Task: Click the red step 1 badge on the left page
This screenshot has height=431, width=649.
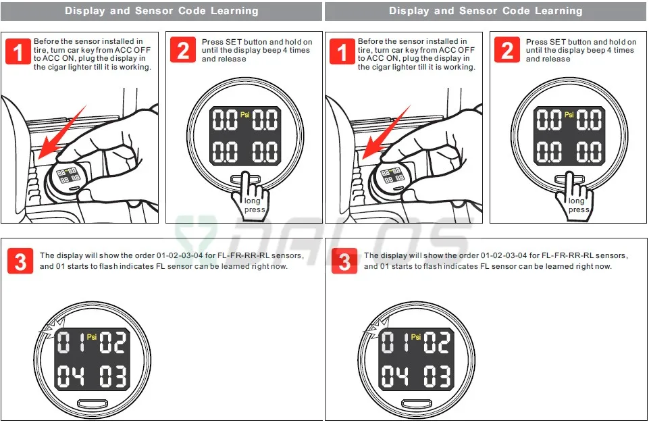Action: (18, 51)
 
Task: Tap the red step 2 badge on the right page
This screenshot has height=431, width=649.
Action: (507, 50)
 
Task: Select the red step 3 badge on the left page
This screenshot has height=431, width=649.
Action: (20, 261)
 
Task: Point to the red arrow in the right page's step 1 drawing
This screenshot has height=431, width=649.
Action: (386, 133)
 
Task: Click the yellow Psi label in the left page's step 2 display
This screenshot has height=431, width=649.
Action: (245, 114)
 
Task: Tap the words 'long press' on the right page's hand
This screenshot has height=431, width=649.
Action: (577, 205)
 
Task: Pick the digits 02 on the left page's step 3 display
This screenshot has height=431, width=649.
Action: (113, 343)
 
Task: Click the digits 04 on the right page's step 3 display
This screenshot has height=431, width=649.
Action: (394, 376)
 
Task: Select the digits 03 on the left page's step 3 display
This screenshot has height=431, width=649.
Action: (113, 376)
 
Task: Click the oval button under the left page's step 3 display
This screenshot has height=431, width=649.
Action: (93, 403)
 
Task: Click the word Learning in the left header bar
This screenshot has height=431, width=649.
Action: (234, 11)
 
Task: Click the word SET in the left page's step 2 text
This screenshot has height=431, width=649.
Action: (234, 42)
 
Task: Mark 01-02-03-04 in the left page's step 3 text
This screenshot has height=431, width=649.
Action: (180, 255)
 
